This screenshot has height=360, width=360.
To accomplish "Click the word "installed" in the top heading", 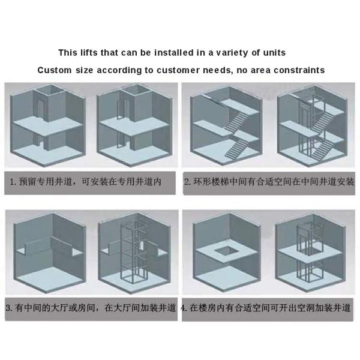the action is click(x=174, y=53).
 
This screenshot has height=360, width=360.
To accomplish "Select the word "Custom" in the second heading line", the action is click(x=55, y=70).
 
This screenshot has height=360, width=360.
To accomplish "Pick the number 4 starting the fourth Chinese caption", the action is click(x=184, y=308).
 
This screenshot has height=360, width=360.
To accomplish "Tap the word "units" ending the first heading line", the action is click(x=274, y=53).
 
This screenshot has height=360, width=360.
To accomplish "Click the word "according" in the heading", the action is click(x=119, y=70).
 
